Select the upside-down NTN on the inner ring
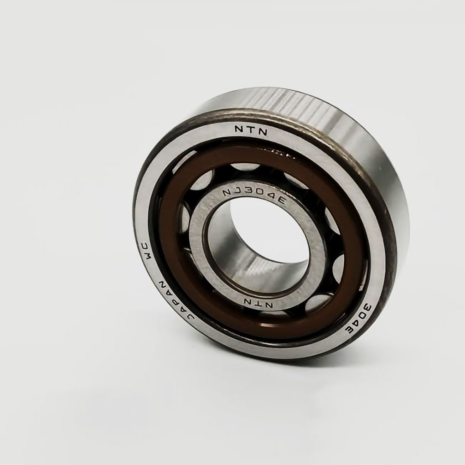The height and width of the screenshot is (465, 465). [258, 303]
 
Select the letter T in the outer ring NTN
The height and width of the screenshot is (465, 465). [251, 130]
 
